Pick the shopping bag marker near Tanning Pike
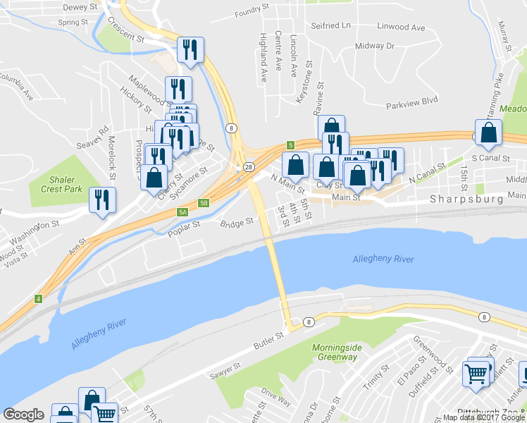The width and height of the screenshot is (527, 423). (488, 133)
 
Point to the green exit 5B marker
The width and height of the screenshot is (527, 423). (204, 203)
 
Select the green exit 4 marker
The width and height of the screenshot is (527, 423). (37, 299)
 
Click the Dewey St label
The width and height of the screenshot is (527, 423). (79, 7)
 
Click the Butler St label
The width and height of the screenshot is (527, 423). (268, 341)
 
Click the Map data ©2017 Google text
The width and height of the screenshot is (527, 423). (483, 417)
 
